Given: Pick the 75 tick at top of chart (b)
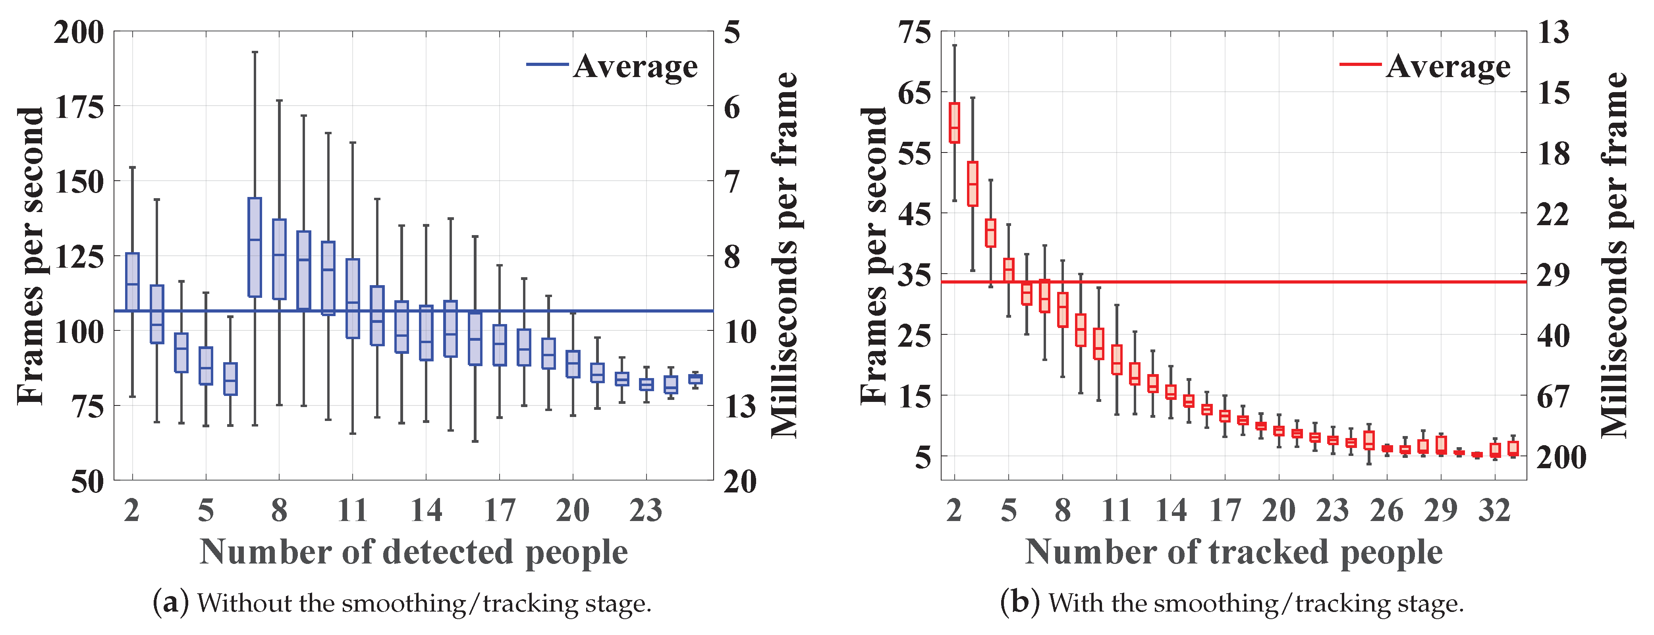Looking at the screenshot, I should pos(914,32).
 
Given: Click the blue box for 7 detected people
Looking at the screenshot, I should pos(255,247).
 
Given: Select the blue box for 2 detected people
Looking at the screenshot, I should pos(132,282).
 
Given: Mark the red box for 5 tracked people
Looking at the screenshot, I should pos(1009,270).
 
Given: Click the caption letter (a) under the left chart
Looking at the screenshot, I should pos(171,603).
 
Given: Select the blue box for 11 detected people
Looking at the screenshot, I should pos(353,299).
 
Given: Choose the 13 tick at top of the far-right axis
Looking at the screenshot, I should pos(1553,32).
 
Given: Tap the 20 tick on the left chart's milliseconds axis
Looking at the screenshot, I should pos(740,482).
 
